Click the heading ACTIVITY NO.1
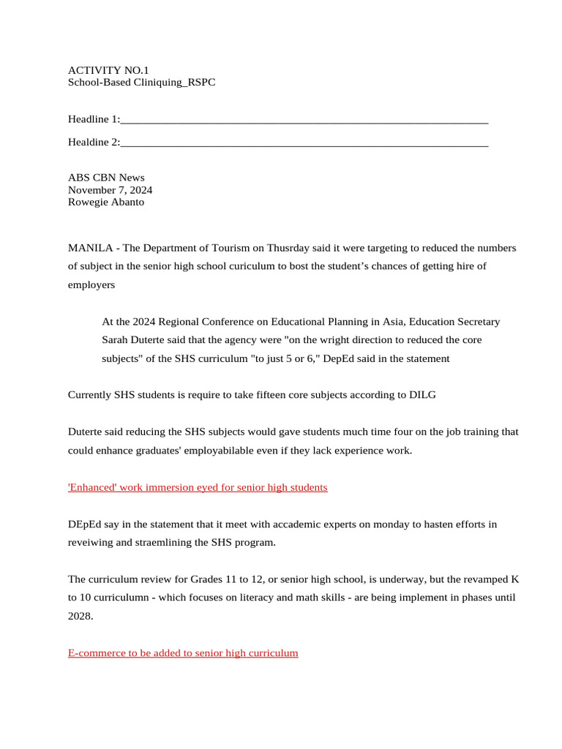point(108,70)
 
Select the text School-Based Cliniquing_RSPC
point(141,83)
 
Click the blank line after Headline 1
point(304,119)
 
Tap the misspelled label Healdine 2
point(93,143)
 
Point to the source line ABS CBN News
point(106,178)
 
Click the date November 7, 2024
point(110,190)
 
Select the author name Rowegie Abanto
point(106,203)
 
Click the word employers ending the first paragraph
point(91,285)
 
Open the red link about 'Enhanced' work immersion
point(198,487)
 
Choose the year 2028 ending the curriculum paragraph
point(80,616)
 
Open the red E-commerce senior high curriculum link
point(183,652)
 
